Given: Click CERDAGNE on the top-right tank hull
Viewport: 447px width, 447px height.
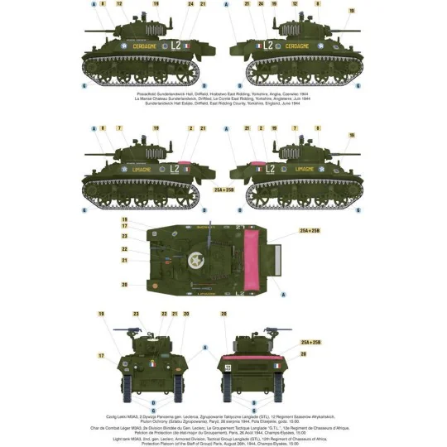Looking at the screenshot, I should coord(296,46).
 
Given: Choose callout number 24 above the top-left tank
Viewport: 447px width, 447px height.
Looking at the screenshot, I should coord(190,4).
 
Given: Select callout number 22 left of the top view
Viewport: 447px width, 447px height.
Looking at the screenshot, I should coord(124,248).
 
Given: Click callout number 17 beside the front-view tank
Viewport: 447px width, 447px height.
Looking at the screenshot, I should coord(100,356).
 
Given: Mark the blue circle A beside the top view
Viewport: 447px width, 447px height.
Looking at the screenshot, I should coord(284,293).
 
